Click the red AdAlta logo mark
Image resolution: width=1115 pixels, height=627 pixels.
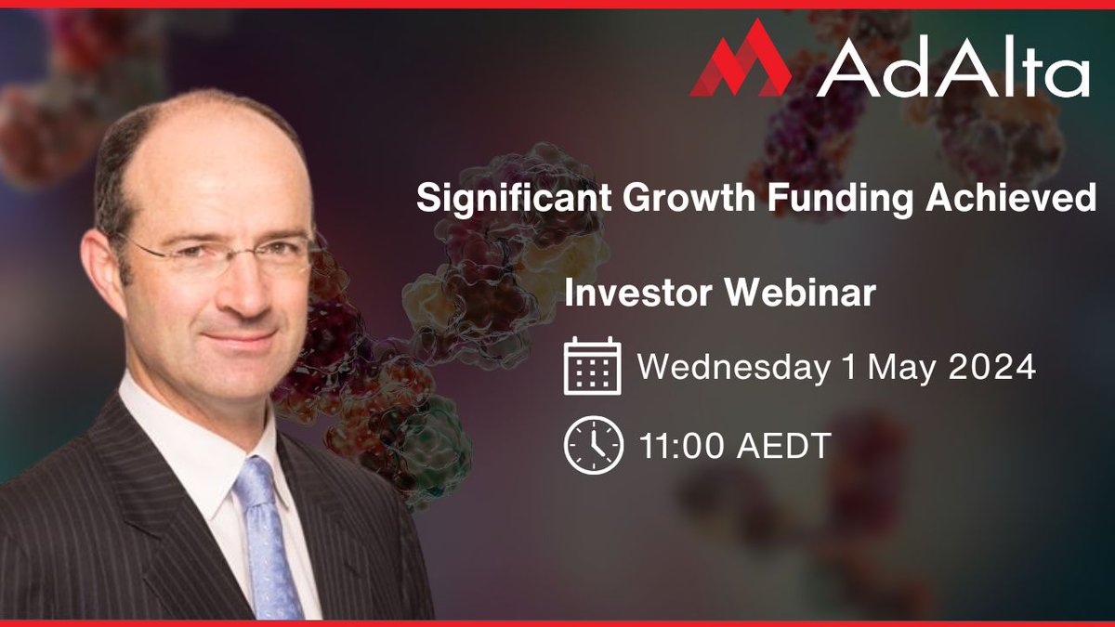tap(739, 61)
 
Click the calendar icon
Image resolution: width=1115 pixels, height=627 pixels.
tap(593, 367)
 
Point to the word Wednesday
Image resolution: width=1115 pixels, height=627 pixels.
tap(733, 368)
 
